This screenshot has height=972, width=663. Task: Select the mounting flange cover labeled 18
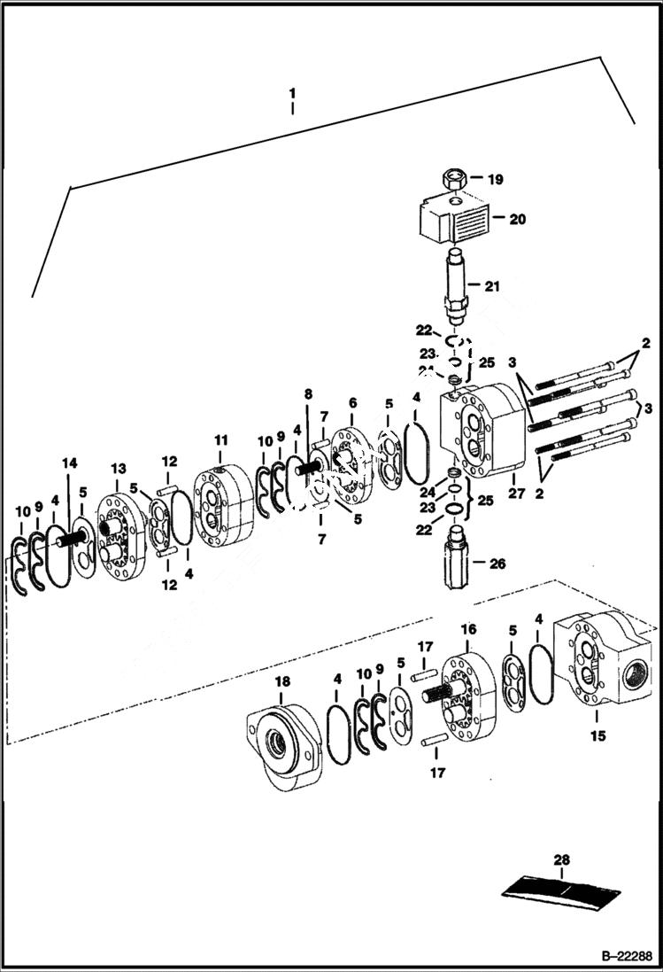281,740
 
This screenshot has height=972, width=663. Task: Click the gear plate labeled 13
119,537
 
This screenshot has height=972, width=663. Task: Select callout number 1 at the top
293,92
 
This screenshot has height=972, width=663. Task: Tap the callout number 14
69,463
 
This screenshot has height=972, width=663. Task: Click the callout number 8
308,393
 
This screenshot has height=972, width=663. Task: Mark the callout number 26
497,562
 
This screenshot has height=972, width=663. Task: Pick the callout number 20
517,218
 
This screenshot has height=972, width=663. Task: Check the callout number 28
562,859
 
